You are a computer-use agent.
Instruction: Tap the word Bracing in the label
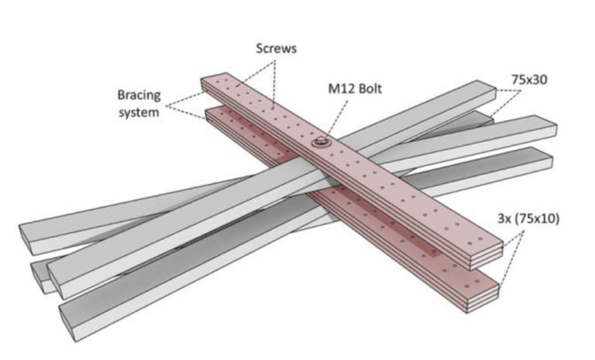click(139, 95)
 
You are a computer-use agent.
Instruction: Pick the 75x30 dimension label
click(529, 79)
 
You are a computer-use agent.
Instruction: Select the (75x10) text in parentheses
click(538, 219)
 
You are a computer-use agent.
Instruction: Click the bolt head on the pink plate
click(319, 142)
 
